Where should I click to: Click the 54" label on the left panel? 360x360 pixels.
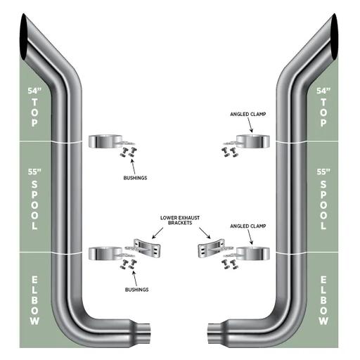[34, 91]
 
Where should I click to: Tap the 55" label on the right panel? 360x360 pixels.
[323, 172]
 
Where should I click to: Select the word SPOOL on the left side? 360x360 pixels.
[34, 205]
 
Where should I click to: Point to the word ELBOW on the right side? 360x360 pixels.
[323, 300]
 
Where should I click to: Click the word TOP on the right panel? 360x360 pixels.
[323, 112]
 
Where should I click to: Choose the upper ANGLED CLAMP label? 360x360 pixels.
[248, 114]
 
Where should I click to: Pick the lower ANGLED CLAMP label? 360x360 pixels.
[248, 226]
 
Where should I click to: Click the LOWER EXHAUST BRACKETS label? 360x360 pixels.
[180, 220]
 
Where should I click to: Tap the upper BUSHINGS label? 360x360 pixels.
[135, 178]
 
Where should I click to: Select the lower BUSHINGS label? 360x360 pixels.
[136, 290]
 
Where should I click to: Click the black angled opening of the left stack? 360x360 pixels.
[24, 37]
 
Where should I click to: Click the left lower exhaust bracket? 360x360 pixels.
[147, 248]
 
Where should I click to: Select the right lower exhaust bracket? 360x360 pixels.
[212, 248]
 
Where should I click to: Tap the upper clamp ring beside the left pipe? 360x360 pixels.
[105, 141]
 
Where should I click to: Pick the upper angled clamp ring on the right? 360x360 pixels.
[252, 141]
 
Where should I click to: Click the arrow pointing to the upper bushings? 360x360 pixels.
[133, 167]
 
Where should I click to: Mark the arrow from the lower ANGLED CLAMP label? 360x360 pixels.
[250, 237]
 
